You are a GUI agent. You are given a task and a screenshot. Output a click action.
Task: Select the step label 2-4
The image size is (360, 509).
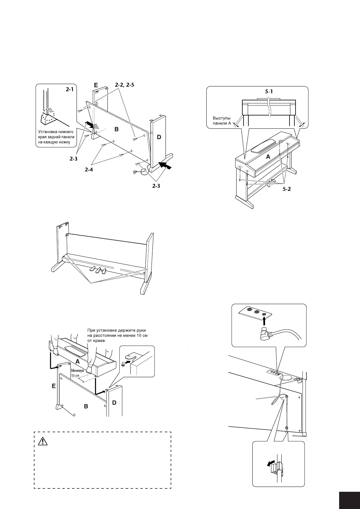89,170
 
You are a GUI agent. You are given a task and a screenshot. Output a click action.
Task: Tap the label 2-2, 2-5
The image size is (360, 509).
124,85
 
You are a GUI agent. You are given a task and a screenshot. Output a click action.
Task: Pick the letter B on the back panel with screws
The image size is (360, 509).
116,129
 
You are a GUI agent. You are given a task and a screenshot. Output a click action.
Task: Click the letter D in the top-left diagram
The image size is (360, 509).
159,137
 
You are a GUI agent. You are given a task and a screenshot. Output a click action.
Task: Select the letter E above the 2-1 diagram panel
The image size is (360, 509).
95,85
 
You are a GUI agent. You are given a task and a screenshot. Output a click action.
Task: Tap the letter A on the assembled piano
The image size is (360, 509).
268,157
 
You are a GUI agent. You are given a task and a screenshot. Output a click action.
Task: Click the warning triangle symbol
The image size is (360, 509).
44,442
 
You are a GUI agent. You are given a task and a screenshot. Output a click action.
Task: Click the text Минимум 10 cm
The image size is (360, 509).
77,373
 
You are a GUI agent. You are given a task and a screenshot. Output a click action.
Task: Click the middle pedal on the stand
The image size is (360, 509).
98,270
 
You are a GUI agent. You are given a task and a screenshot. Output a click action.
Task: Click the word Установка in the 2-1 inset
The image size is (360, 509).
48,132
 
